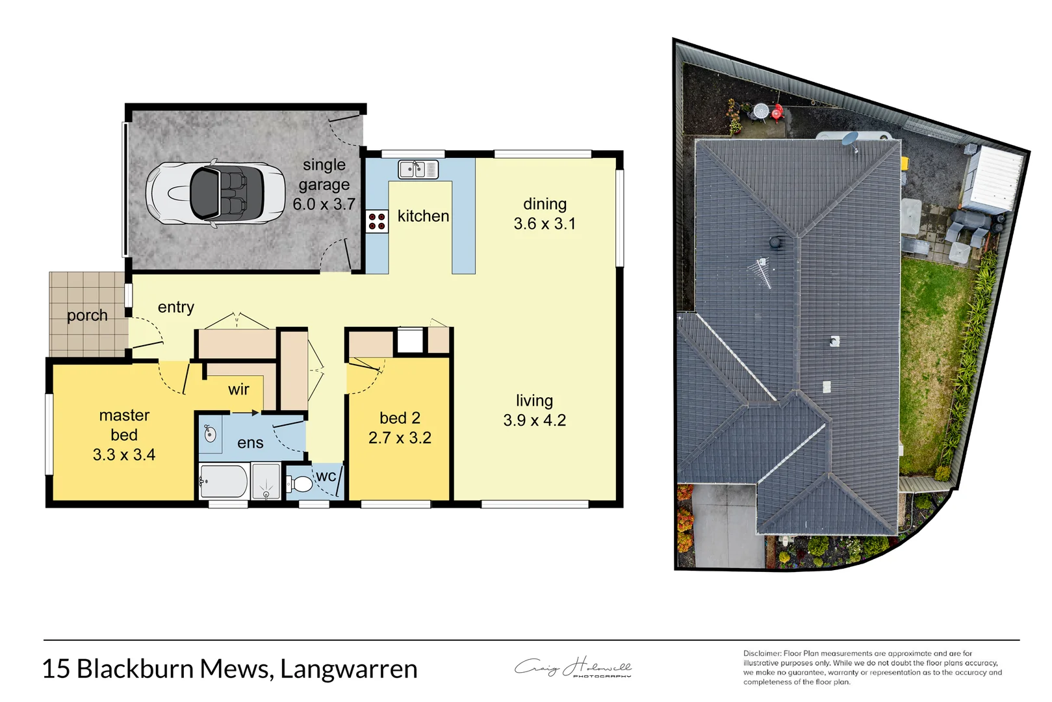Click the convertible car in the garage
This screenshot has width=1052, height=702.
pos(216,193)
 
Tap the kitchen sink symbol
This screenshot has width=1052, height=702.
pos(418,170)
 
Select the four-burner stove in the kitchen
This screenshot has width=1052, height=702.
pos(377,221)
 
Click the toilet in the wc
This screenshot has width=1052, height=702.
pos(301,484)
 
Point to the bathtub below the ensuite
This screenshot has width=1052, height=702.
pos(224,482)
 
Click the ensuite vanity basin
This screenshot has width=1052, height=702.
pos(210,434)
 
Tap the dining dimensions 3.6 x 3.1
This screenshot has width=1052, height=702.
pos(545,224)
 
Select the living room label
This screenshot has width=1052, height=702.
pos(534,400)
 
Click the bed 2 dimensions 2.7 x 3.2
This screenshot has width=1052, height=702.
pos(400,437)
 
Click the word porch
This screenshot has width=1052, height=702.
pos(87,315)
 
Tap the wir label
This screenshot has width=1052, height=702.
pos(238,389)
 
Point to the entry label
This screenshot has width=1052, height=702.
pos(175,307)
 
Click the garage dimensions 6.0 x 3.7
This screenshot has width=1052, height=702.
pos(324,204)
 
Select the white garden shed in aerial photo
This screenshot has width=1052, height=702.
pos(992,178)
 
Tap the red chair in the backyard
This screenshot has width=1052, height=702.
pos(776,113)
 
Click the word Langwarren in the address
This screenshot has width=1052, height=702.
pos(348,669)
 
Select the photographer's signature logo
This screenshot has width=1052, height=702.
pos(573,668)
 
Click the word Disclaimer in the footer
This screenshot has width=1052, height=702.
pos(762,653)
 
